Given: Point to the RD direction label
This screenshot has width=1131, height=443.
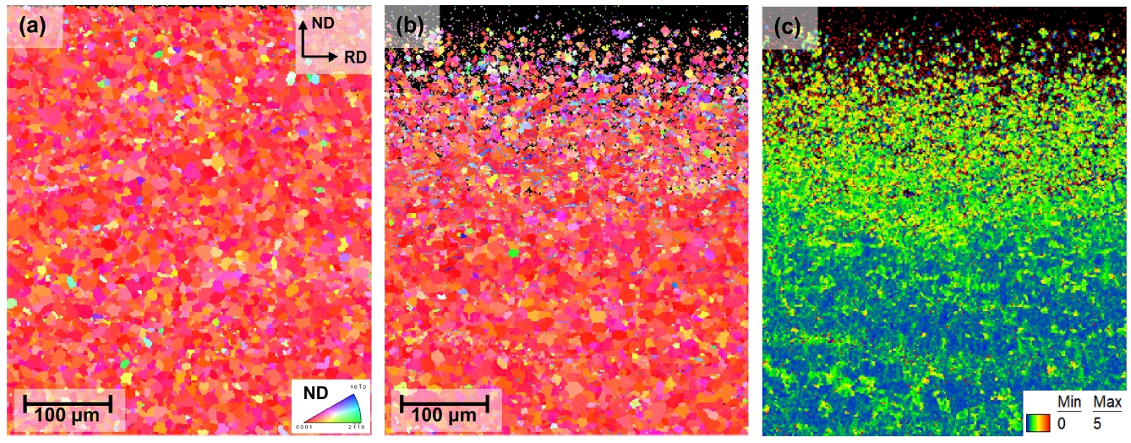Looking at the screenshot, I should click(x=353, y=57).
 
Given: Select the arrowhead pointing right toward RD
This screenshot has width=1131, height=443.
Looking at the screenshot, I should click(x=337, y=56).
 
